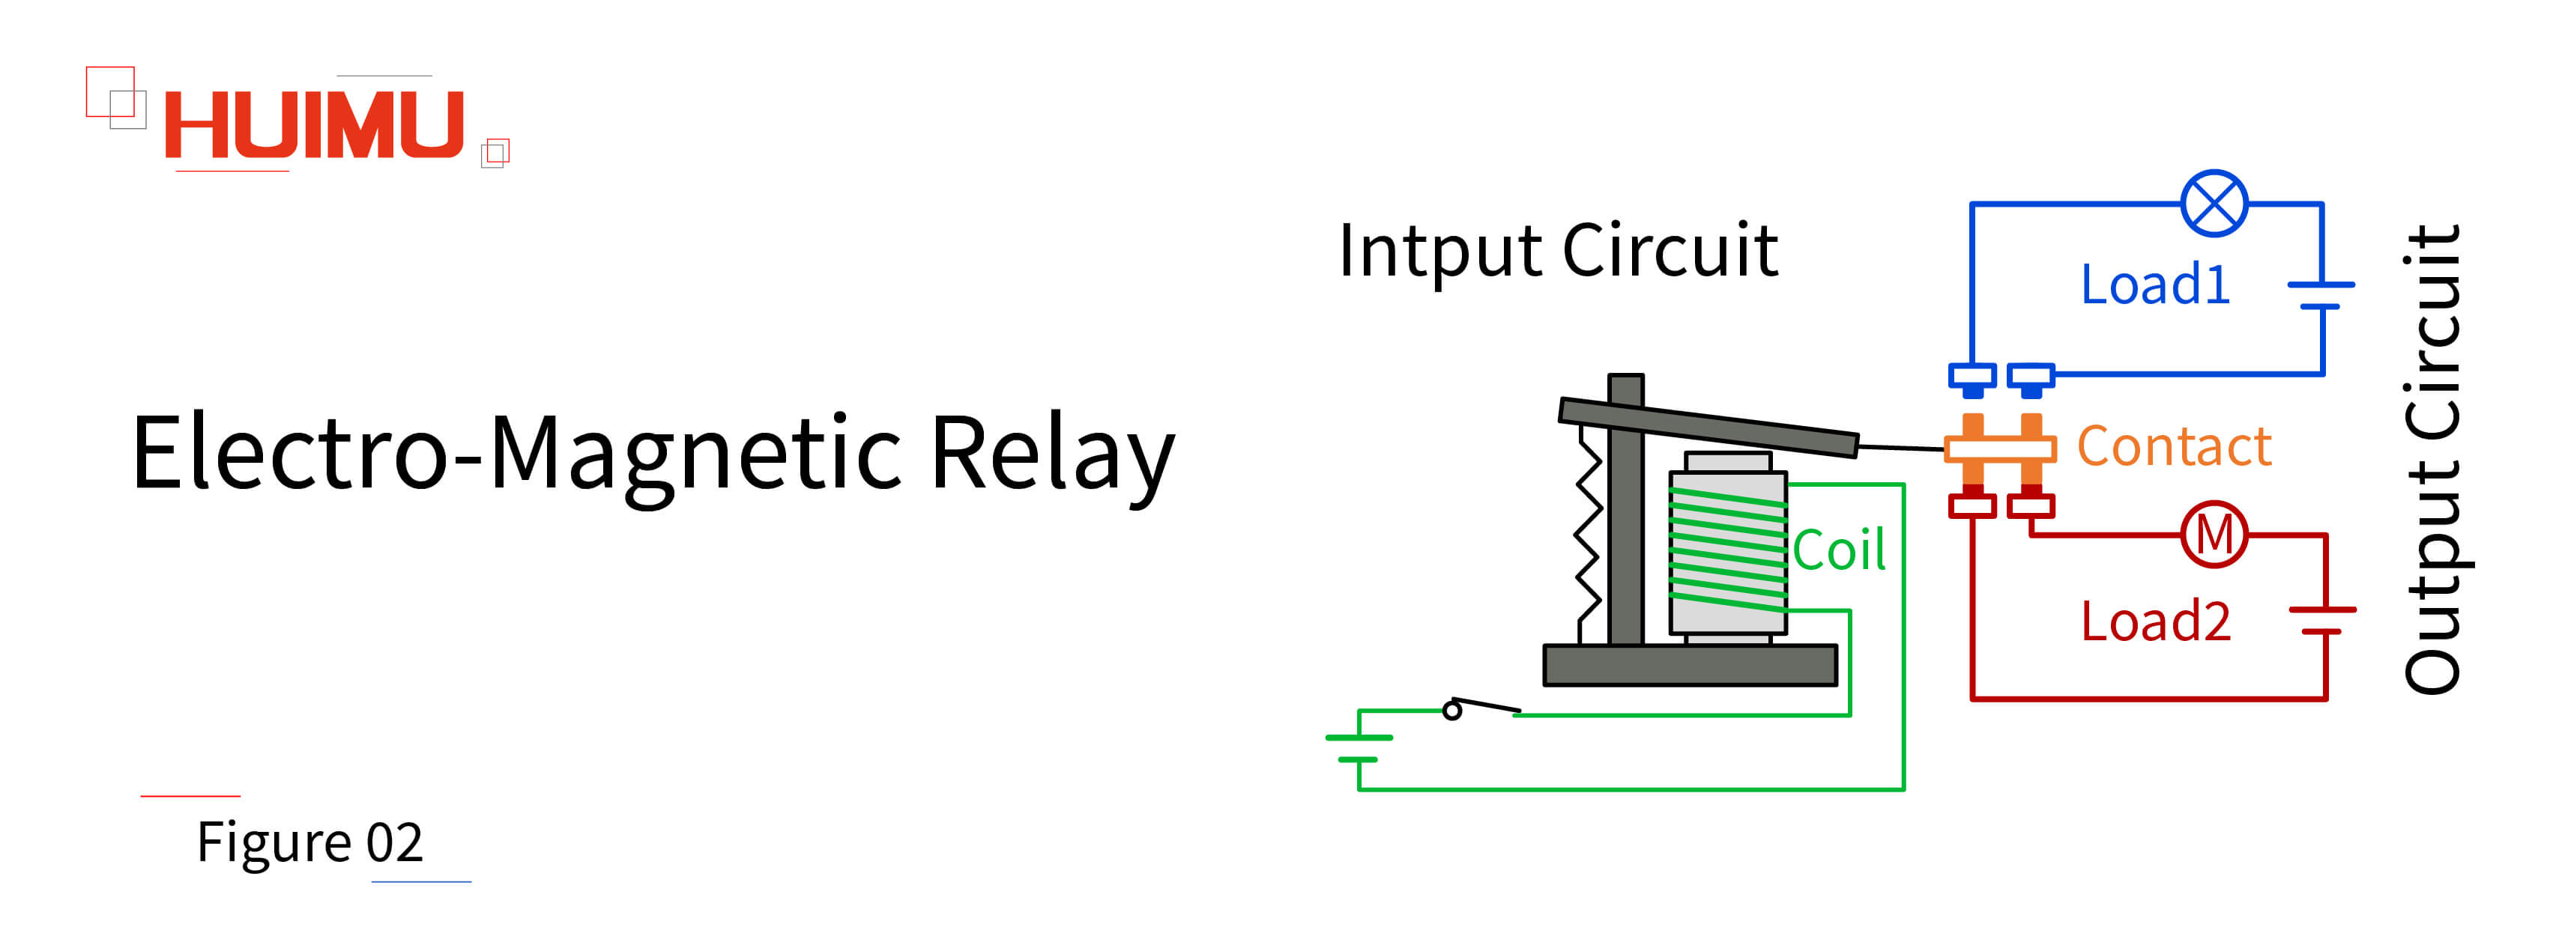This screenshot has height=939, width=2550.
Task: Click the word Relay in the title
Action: coord(1051,453)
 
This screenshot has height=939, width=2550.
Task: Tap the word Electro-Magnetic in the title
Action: coord(515,453)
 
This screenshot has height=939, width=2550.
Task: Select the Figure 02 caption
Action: coord(309,842)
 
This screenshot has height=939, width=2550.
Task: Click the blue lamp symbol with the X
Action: coord(2214,204)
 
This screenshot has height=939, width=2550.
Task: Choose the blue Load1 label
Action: coord(2154,285)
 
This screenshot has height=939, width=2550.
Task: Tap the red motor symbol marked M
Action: coord(2214,535)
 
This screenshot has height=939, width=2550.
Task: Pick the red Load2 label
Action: coord(2154,622)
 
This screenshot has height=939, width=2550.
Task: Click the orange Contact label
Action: coord(2173,446)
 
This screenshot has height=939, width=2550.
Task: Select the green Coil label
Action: coord(1838,550)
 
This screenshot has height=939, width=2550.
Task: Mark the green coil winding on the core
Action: coord(1727,549)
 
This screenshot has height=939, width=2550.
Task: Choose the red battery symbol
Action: coord(2322,621)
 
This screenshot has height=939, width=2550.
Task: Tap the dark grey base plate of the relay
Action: coord(1690,665)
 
